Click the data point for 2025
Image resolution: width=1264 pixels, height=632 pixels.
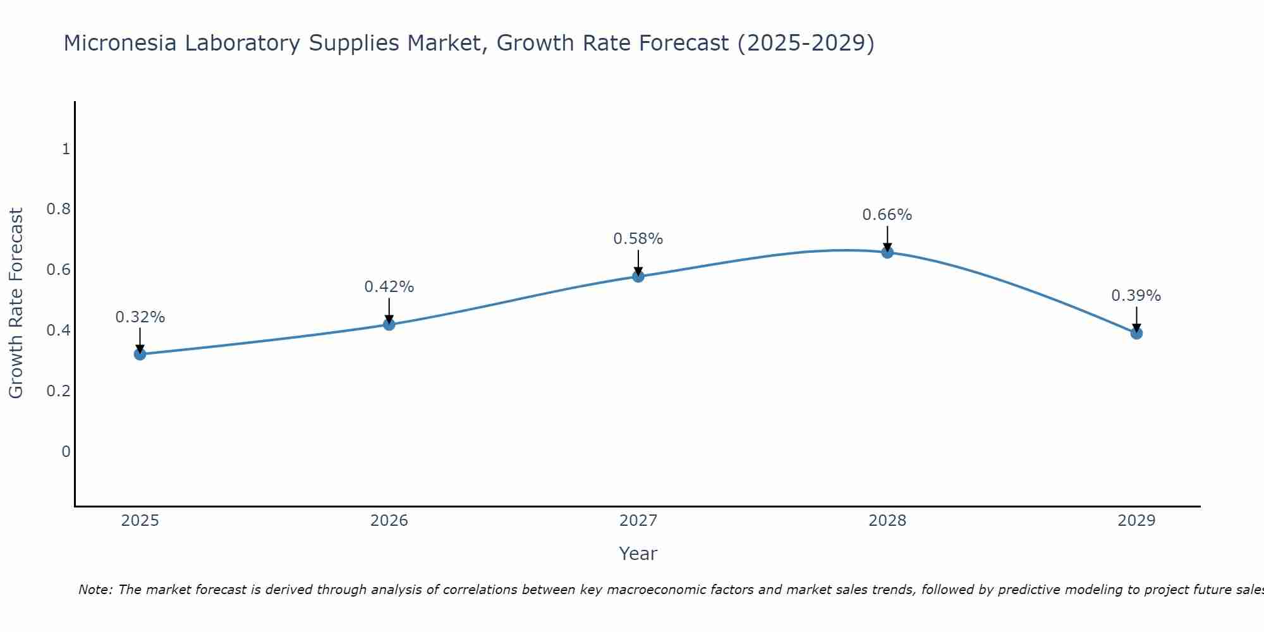(x=140, y=354)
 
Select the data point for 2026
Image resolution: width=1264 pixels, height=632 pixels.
(x=389, y=324)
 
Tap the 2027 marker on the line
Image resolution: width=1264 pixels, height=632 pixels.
(x=638, y=276)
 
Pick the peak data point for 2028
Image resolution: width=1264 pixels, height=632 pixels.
(x=887, y=252)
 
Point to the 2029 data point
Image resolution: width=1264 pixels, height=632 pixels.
(x=1136, y=333)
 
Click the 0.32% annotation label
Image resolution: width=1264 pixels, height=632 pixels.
(x=140, y=317)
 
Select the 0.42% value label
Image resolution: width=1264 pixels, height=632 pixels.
(x=389, y=287)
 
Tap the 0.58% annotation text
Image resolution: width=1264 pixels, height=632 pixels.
(x=638, y=239)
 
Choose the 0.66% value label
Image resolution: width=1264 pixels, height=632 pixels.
(x=887, y=215)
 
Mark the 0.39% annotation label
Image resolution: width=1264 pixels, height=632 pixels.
(x=1136, y=296)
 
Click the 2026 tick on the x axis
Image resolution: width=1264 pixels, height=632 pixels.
(x=389, y=521)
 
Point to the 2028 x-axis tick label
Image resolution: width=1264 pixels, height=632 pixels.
(x=887, y=521)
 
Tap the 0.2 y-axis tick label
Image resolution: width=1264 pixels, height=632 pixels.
(x=58, y=391)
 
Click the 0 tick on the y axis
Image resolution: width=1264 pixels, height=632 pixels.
(x=66, y=451)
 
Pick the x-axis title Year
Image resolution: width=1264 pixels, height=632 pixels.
(x=638, y=554)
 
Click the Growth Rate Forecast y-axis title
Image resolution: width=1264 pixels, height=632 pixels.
(x=16, y=303)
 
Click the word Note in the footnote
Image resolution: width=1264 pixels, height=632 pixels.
(x=95, y=590)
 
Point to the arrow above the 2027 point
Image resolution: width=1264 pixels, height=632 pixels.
(x=638, y=262)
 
